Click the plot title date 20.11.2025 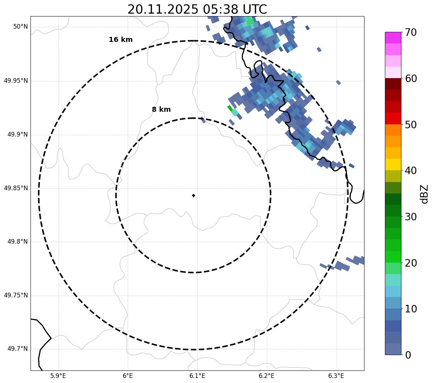point(163,9)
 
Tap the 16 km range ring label point(121,40)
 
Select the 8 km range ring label point(161,110)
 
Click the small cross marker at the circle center point(193,195)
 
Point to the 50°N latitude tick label point(20,27)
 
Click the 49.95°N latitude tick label point(16,81)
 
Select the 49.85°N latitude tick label point(16,188)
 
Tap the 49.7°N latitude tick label point(18,349)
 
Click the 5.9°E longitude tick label point(58,376)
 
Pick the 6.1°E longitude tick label point(197,376)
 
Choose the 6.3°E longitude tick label point(336,376)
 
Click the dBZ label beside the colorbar point(425,194)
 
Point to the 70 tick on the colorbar point(411,33)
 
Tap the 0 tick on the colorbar point(408,355)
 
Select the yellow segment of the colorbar point(393,164)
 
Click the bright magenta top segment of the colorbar point(393,38)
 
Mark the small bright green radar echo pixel point(230,107)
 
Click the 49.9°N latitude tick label point(18,134)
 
